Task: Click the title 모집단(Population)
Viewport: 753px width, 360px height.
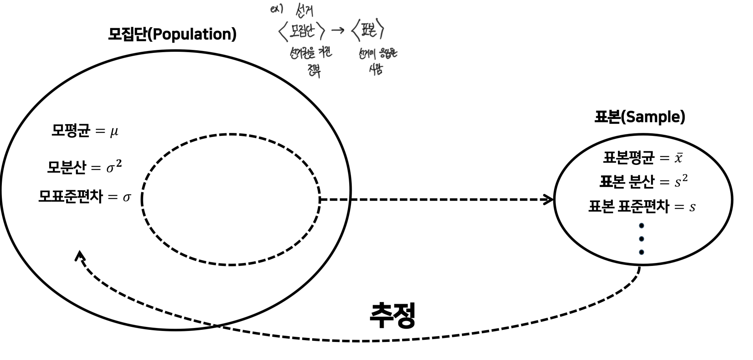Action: [172, 34]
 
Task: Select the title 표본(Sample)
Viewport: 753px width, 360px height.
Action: [640, 117]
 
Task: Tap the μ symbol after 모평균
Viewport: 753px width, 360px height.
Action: [114, 132]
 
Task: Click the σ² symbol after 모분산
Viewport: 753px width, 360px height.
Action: [114, 167]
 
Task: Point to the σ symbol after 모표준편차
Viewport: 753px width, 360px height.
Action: [127, 198]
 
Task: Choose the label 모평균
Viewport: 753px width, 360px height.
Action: [70, 131]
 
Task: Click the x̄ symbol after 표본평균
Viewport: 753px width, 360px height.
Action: [678, 158]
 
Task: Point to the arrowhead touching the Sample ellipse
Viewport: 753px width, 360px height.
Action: [549, 200]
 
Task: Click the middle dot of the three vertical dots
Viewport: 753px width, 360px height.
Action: [641, 239]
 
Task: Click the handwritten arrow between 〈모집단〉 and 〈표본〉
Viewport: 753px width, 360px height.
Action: [338, 30]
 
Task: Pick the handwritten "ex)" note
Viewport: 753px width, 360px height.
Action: [276, 9]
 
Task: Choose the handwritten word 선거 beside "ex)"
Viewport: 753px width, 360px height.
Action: [304, 10]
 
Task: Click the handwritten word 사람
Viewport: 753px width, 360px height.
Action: [376, 69]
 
